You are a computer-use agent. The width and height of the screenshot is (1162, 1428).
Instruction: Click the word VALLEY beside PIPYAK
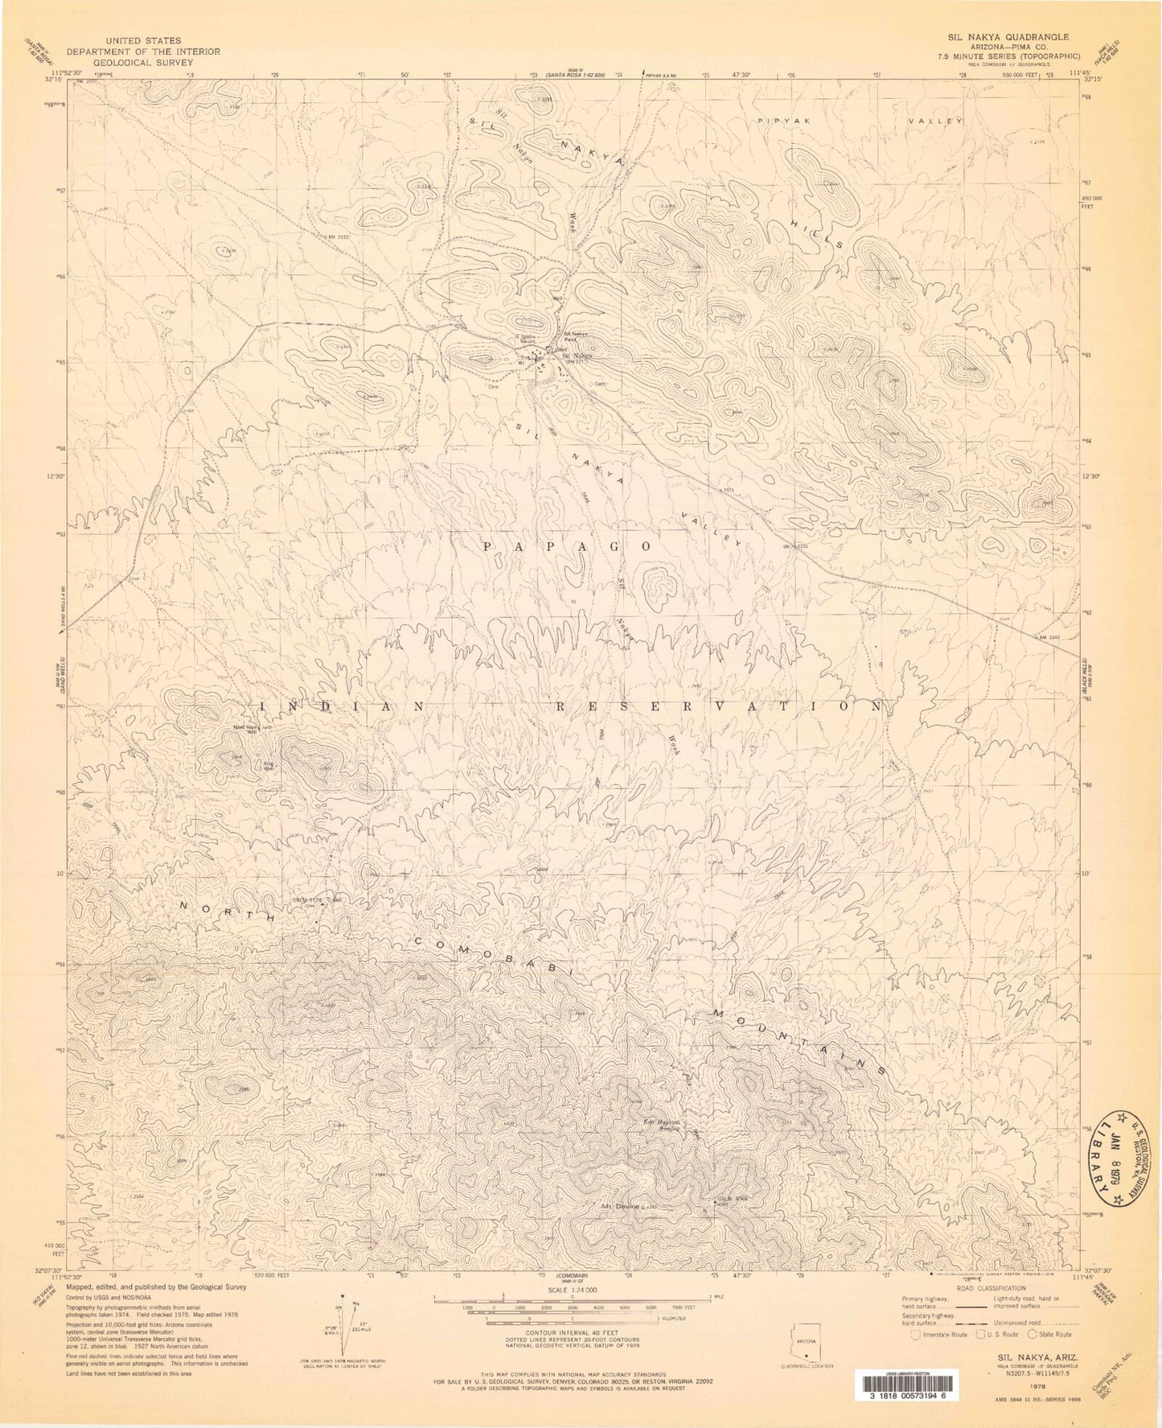pyautogui.click(x=935, y=121)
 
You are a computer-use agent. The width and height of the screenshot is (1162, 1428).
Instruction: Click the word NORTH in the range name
pyautogui.click(x=228, y=912)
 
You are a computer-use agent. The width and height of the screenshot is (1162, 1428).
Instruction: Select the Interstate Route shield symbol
pyautogui.click(x=915, y=1335)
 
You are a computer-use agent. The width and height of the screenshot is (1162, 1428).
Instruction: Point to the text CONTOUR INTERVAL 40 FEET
pyautogui.click(x=572, y=1331)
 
